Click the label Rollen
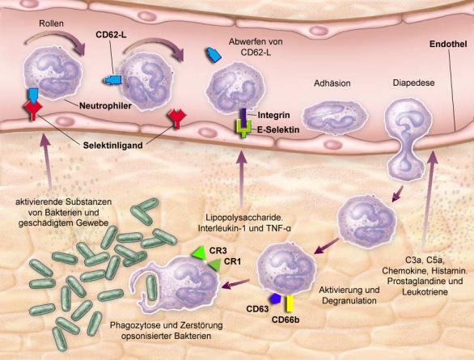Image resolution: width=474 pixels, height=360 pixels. (x=52, y=23)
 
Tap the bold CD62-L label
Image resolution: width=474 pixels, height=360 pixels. (x=111, y=35)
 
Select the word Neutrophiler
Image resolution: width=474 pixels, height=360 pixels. (x=105, y=106)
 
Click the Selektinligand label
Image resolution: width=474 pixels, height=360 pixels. (x=112, y=146)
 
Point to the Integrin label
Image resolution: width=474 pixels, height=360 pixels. (x=273, y=115)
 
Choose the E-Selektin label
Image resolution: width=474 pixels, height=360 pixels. (x=278, y=130)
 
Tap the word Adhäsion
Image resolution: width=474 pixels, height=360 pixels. (x=332, y=83)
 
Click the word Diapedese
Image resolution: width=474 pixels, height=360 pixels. (x=413, y=83)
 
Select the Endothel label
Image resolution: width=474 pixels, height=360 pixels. (x=448, y=44)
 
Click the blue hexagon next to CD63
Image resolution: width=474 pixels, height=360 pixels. (x=276, y=299)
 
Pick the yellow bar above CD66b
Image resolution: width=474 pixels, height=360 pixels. (x=290, y=303)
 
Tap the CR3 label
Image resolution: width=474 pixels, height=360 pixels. (x=218, y=251)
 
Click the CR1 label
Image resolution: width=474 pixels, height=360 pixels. (x=232, y=261)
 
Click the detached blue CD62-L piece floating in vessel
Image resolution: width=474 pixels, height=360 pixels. (x=214, y=56)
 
